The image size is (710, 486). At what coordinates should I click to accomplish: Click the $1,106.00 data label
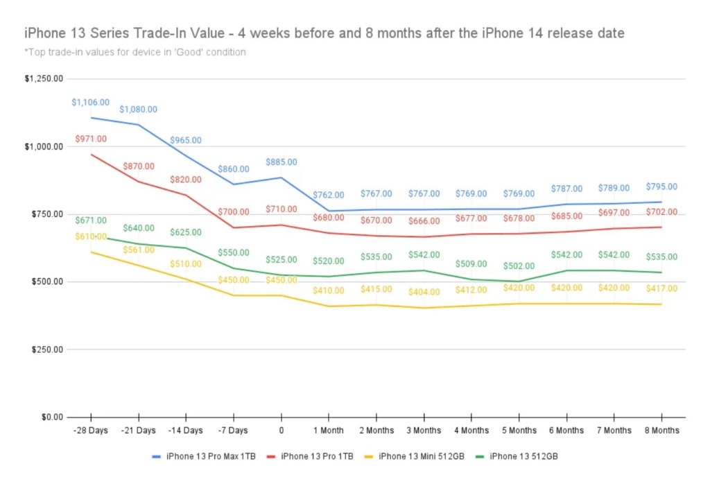(90, 103)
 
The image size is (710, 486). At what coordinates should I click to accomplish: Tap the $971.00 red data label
(92, 139)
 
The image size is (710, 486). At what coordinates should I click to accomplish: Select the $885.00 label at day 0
(282, 162)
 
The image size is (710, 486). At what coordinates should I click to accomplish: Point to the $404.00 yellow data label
(424, 293)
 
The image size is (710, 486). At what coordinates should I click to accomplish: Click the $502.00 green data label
(519, 266)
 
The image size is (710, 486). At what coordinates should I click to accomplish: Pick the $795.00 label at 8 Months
(661, 186)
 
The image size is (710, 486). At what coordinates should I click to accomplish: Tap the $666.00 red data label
(424, 221)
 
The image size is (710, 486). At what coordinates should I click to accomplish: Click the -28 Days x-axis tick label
(91, 431)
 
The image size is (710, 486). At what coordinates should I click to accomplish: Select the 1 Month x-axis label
(329, 431)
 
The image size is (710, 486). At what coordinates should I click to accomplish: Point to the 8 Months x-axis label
(661, 431)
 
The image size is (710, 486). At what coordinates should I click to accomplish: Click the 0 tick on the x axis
(281, 431)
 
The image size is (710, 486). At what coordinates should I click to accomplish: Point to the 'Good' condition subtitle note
(135, 52)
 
